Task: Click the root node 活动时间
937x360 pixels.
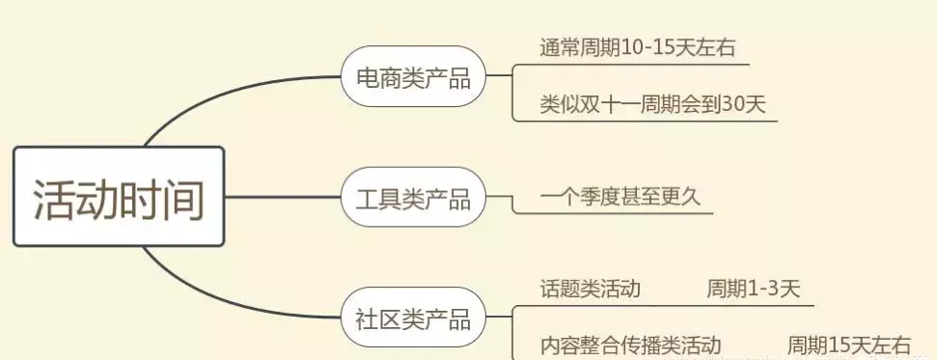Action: pyautogui.click(x=119, y=196)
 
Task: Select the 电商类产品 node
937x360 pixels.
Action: pyautogui.click(x=412, y=78)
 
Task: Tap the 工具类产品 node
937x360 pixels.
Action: pyautogui.click(x=412, y=199)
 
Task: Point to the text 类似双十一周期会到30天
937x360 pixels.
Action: pyautogui.click(x=653, y=105)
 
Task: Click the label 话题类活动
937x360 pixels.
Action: pyautogui.click(x=591, y=289)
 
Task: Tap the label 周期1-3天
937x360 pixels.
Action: pyautogui.click(x=753, y=289)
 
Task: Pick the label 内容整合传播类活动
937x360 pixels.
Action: pyautogui.click(x=630, y=345)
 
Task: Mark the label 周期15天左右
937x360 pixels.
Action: pyautogui.click(x=848, y=345)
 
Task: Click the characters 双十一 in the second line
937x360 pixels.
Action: pyautogui.click(x=609, y=105)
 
